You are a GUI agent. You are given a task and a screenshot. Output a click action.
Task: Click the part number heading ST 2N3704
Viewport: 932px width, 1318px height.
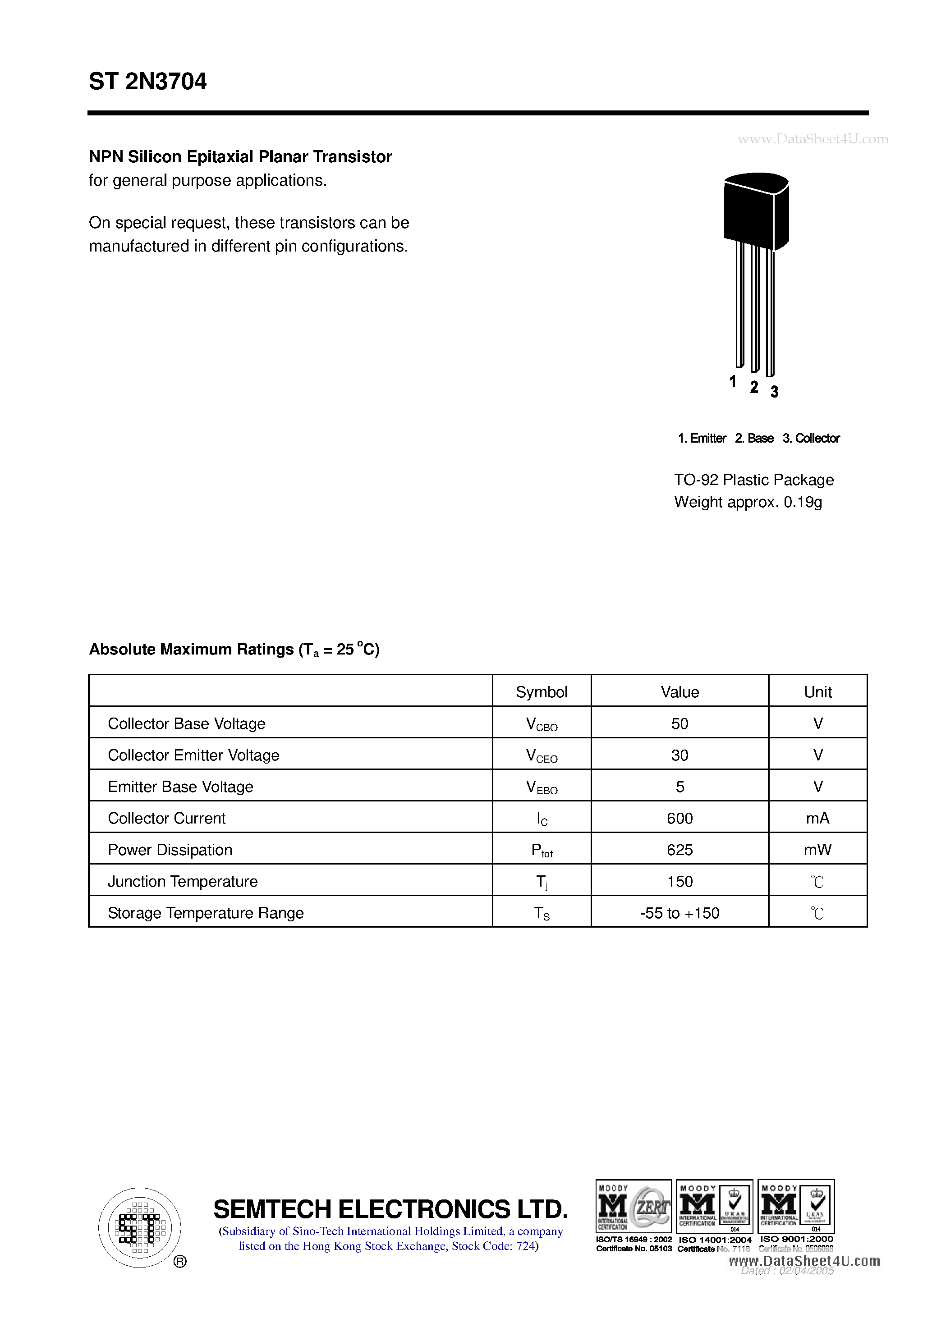click(147, 82)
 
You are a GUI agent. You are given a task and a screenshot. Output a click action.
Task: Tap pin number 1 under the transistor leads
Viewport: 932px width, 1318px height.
click(733, 382)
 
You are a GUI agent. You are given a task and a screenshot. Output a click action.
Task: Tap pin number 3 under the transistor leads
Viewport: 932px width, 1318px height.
click(774, 392)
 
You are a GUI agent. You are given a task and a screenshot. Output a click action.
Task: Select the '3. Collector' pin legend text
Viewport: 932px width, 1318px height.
click(811, 439)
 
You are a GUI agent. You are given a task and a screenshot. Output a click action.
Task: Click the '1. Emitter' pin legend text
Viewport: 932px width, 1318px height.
click(702, 439)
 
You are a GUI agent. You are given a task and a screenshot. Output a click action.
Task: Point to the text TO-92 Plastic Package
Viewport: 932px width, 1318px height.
click(753, 480)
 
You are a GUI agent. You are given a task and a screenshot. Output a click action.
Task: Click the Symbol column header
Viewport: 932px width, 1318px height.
click(541, 692)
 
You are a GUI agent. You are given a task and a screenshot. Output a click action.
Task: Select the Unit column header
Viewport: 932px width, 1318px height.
click(818, 692)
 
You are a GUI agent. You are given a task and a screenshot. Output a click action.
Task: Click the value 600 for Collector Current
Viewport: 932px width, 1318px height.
click(679, 818)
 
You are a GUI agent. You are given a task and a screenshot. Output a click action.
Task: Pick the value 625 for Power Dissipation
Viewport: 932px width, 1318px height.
click(679, 850)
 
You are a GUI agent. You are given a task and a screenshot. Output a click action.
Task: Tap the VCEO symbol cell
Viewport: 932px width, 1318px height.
click(541, 755)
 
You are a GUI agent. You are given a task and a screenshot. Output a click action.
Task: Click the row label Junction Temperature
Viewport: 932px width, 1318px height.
click(183, 881)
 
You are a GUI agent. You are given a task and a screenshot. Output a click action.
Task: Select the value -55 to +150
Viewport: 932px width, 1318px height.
click(679, 913)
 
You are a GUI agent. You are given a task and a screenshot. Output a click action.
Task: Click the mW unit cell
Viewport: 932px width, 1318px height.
click(818, 850)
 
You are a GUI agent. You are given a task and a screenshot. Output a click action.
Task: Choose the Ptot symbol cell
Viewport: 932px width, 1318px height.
click(541, 850)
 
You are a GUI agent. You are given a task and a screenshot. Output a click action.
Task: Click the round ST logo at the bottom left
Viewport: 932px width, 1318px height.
click(139, 1227)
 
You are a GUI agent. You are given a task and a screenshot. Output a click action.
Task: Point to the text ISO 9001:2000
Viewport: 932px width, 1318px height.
click(796, 1240)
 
